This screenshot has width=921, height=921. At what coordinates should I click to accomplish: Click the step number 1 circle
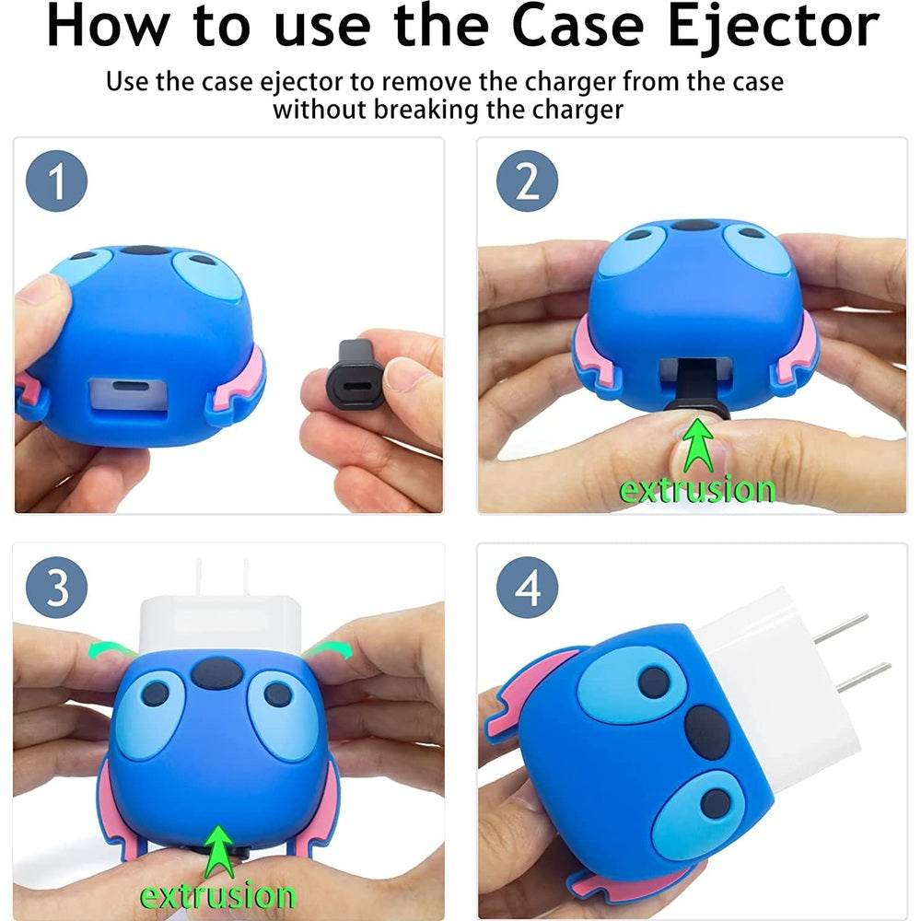point(57,181)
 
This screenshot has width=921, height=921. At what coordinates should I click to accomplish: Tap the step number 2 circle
point(528,181)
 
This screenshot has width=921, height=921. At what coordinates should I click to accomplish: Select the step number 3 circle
point(57,588)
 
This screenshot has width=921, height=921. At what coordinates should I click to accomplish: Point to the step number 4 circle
point(528,588)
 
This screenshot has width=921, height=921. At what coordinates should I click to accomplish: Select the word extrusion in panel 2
point(696,489)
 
